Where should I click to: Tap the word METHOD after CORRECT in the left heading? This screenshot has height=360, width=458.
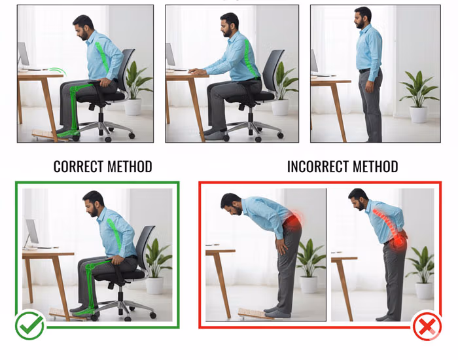[x=130, y=166]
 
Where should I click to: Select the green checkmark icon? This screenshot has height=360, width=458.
[x=29, y=325]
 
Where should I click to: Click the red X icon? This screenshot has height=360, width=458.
[x=427, y=325]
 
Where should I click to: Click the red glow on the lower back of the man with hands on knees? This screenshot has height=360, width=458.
[x=292, y=221]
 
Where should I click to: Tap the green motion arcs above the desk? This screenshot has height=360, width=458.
[x=57, y=71]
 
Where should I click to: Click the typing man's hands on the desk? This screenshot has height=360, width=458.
[x=197, y=71]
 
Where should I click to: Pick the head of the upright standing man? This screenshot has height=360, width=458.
[x=362, y=18]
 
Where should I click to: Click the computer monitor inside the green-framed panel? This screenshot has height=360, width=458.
[x=31, y=232]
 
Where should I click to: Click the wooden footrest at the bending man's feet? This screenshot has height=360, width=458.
[x=256, y=314]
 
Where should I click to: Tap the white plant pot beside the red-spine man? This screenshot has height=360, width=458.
[x=424, y=291]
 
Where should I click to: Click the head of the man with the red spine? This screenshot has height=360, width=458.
[x=358, y=199]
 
